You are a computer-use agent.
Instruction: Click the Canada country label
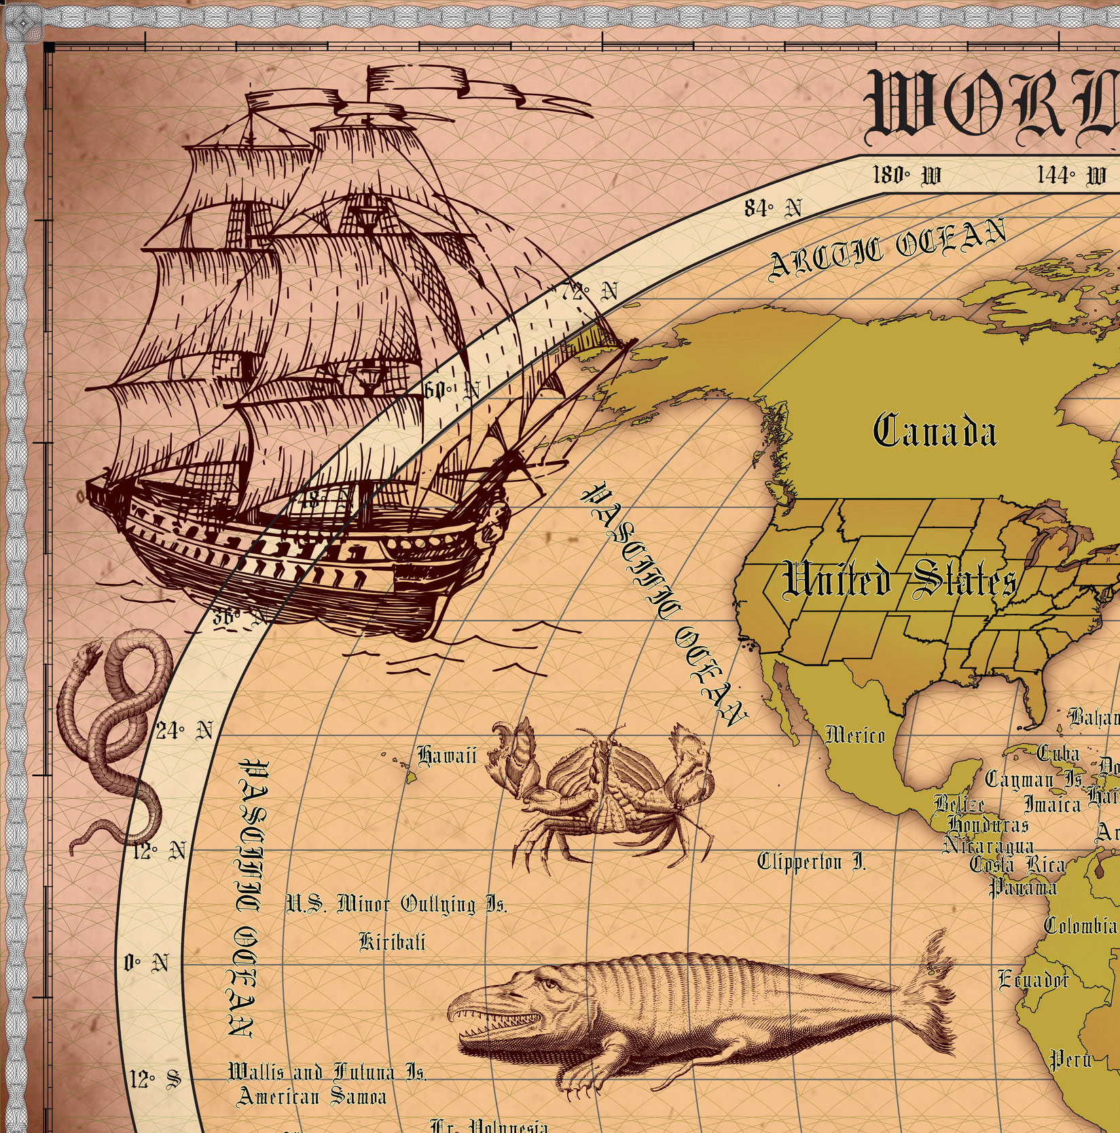[935, 432]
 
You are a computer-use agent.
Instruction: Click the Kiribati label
[392, 942]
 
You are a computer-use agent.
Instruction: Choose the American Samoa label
[312, 1096]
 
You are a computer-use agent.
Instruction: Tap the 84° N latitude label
[772, 208]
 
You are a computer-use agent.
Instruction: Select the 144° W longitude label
[1071, 176]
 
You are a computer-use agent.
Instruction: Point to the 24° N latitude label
[184, 731]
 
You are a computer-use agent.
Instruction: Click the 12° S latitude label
[156, 1078]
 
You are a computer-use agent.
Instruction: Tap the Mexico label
[855, 735]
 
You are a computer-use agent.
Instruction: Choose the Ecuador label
[1032, 979]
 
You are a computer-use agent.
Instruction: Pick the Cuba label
[1058, 753]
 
